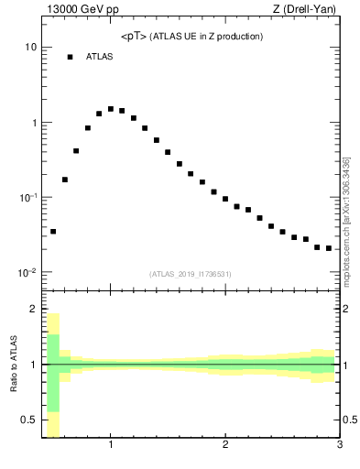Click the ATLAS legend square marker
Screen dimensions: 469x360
pos(70,58)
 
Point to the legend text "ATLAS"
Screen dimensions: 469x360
pos(99,58)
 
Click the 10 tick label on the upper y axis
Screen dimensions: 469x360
pos(30,47)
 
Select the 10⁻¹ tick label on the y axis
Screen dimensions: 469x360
pos(27,197)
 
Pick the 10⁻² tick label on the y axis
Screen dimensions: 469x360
pos(27,273)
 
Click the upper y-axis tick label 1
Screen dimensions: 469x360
pos(33,122)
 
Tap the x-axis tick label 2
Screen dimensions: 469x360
pos(225,446)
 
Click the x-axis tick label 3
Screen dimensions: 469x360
pos(339,446)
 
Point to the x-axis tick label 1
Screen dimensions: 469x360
pos(111,446)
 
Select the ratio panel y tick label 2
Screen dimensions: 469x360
pos(32,309)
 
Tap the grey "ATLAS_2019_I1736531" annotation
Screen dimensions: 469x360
pos(191,274)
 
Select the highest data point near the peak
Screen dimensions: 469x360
pos(111,109)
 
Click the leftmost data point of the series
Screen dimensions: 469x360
pos(53,232)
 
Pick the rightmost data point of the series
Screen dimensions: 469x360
pos(329,248)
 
